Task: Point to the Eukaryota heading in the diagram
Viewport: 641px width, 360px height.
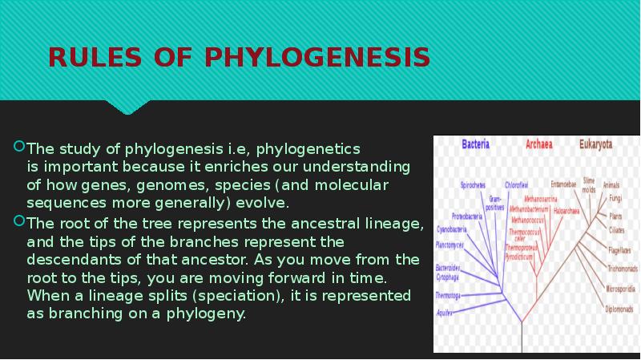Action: tap(596, 146)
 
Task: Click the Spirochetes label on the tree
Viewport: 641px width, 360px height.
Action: tap(473, 185)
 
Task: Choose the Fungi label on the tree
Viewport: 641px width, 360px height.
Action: tap(616, 196)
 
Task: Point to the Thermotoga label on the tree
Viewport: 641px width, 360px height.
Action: tap(448, 295)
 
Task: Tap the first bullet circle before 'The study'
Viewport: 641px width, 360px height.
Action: tap(20, 148)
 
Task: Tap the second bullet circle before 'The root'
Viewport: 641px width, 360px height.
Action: tap(20, 222)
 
